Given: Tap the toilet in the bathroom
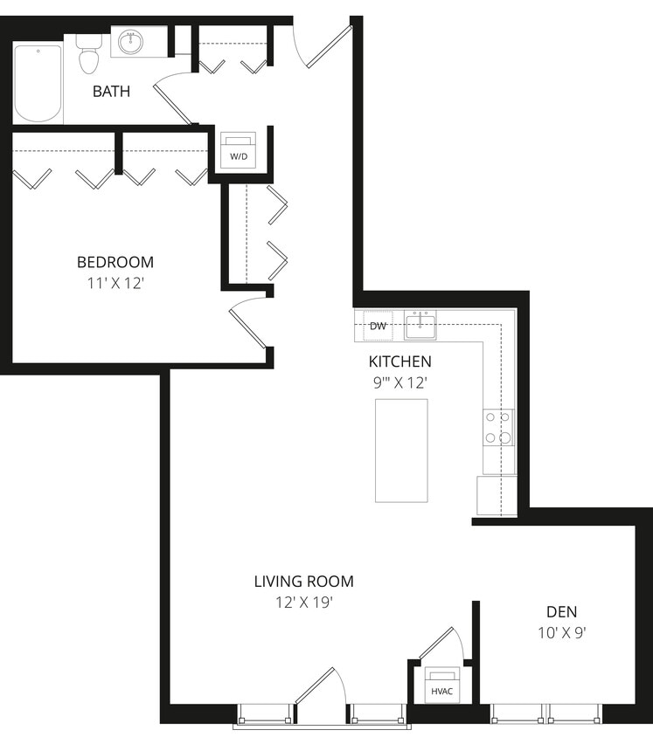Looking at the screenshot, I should click(88, 54).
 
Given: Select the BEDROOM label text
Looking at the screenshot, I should click(115, 262).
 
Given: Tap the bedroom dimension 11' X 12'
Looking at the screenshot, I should click(115, 282).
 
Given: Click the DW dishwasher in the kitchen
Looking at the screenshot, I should click(378, 327).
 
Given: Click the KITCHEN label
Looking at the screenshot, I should click(399, 362).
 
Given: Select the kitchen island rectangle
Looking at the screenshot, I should click(401, 451).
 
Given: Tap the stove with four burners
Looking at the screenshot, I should click(497, 429).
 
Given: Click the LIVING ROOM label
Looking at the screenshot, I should click(303, 582).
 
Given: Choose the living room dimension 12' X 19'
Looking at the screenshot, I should click(303, 602).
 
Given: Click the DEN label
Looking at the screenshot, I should click(561, 612).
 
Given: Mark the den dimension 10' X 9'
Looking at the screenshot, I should click(561, 633).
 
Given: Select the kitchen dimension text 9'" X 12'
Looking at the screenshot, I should click(399, 382).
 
